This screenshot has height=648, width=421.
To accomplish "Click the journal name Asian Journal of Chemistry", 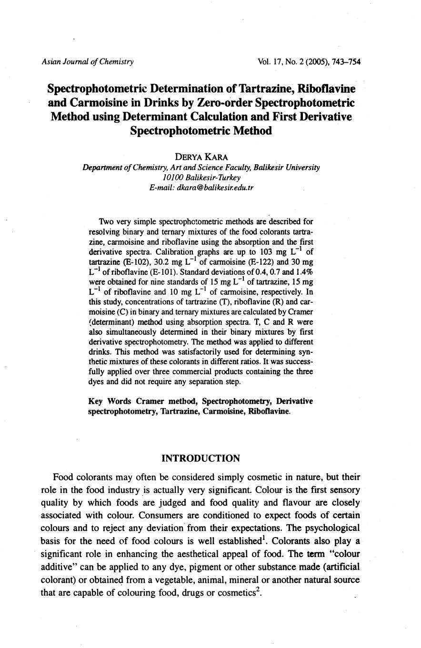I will [88, 61].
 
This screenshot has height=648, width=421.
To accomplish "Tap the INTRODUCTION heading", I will [200, 459].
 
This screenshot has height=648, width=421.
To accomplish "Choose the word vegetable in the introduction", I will [192, 580].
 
